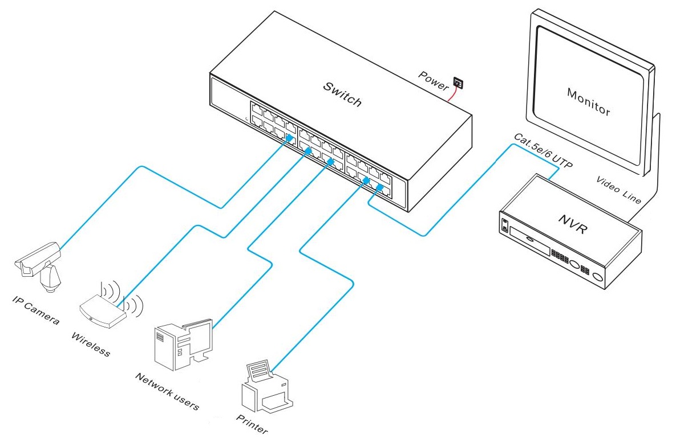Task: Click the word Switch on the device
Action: [342, 95]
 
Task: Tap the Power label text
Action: [434, 80]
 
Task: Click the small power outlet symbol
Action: [458, 83]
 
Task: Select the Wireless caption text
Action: [90, 343]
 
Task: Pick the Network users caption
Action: [167, 392]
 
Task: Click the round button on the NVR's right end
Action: [598, 277]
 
